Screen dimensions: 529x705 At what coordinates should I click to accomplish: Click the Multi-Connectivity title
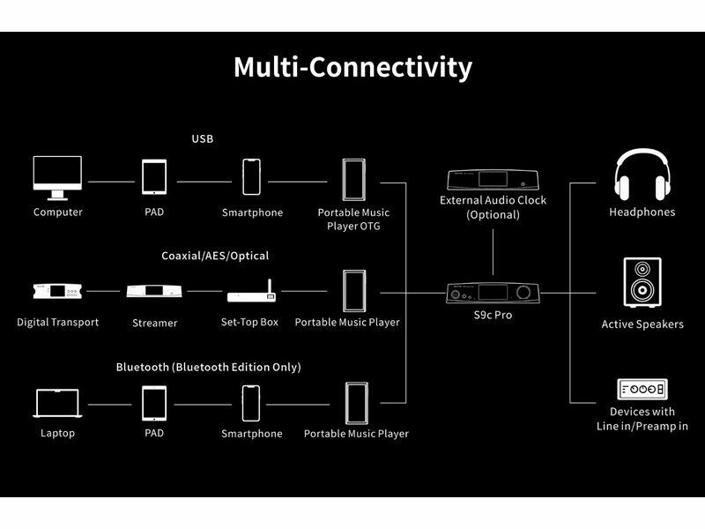(x=352, y=68)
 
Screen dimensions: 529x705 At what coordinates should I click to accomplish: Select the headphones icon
(x=642, y=175)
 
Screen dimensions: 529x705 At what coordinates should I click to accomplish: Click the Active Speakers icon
(x=642, y=283)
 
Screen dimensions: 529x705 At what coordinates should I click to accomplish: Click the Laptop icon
(x=57, y=404)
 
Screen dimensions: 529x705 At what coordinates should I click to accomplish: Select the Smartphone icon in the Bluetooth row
(x=252, y=404)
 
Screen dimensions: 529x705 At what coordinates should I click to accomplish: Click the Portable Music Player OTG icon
(x=353, y=180)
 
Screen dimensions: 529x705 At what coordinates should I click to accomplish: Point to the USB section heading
(x=203, y=138)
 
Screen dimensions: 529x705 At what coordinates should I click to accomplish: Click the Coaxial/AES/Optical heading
(x=215, y=256)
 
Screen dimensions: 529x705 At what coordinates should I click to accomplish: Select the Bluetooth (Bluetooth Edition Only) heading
(x=208, y=367)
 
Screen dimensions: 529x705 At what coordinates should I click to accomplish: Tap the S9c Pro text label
(x=493, y=315)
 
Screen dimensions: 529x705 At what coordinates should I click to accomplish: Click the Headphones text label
(x=642, y=212)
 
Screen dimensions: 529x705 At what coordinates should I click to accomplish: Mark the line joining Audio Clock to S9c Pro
(x=493, y=251)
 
